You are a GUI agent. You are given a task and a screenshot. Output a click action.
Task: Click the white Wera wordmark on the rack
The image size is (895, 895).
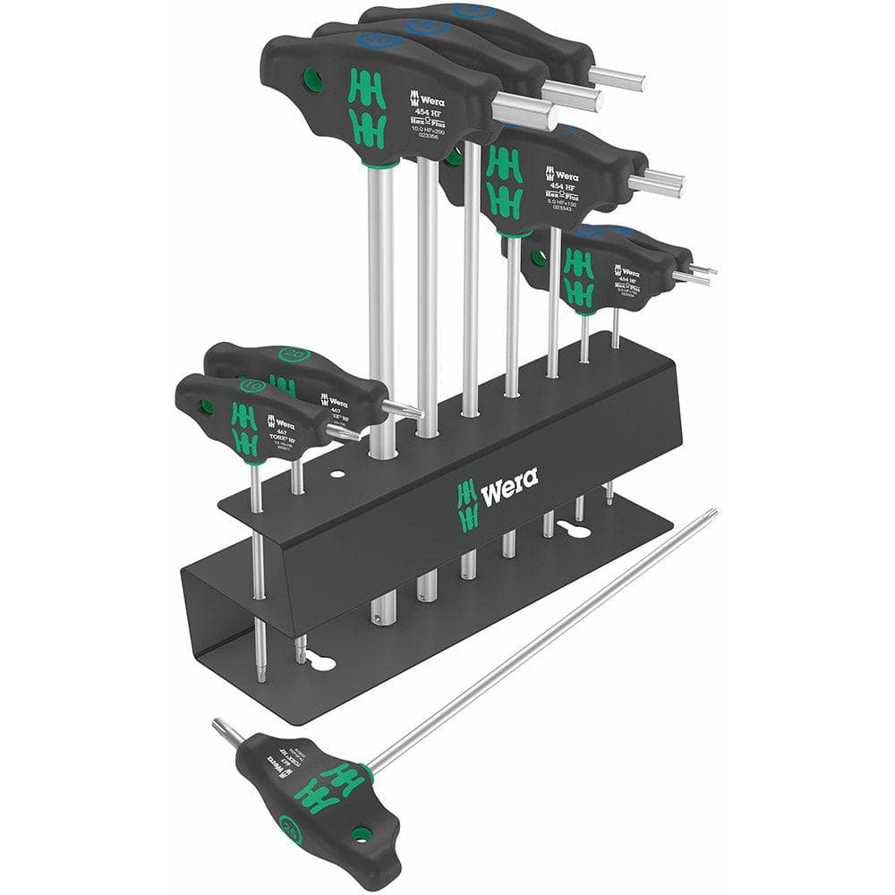509,484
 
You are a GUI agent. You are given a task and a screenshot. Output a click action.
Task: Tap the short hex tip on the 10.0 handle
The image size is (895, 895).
524,111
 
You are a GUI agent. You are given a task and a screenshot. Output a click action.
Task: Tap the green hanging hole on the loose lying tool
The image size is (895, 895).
361,835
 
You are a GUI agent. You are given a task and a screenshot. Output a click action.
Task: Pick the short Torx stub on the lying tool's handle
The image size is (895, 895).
227,732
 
